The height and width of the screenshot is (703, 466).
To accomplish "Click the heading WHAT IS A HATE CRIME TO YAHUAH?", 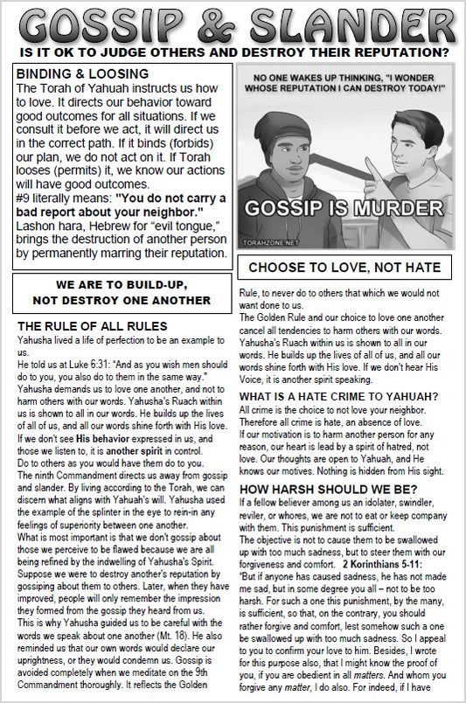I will pos(339,395).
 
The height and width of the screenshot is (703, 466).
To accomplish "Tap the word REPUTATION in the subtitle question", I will pos(385,52).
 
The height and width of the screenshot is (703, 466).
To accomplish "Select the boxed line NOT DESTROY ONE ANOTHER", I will pos(122,299).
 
